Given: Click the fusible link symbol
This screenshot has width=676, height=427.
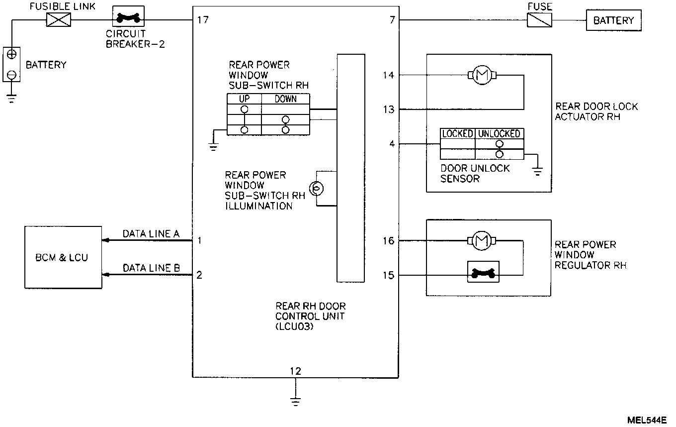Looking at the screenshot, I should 58,20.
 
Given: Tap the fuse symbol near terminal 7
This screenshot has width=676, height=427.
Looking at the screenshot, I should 540,20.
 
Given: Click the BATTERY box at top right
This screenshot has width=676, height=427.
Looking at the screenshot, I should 613,20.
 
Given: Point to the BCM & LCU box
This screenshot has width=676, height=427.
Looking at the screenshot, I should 63,258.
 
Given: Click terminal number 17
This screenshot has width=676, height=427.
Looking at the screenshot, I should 202,20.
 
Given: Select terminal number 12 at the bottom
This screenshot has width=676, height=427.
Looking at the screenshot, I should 295,371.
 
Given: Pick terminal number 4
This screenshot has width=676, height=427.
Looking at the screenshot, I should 392,144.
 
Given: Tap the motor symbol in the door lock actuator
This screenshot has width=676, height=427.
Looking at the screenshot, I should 481,75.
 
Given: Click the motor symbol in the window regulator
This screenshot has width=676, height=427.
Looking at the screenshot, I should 481,241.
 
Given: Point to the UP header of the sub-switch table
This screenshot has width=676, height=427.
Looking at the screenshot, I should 244,99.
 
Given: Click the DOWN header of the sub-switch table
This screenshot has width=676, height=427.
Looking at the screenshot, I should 285,99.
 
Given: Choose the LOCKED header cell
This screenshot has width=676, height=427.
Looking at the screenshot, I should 457,133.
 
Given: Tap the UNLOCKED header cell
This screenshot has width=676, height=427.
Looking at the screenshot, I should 499,133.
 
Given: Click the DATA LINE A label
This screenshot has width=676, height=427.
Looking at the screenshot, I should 151,233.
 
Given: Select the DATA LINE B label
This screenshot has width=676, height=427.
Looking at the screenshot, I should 151,268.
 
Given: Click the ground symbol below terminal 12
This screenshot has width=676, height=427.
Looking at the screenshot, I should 295,401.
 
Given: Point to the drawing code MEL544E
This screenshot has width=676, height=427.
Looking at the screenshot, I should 646,420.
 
